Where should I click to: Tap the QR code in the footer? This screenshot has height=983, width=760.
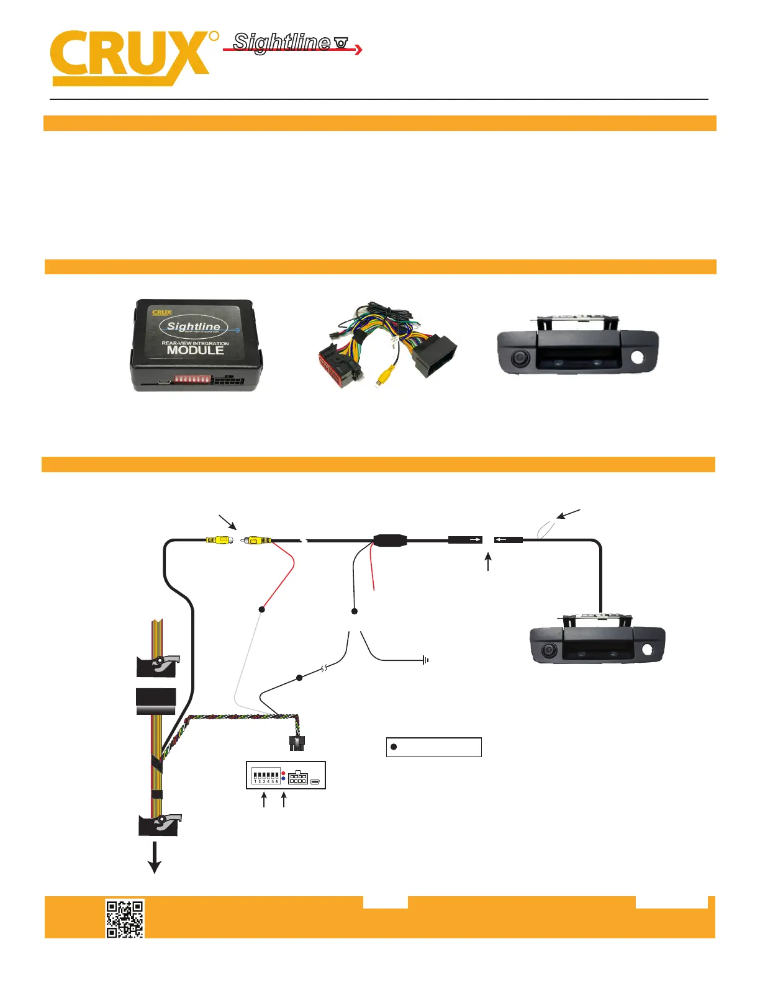click(125, 918)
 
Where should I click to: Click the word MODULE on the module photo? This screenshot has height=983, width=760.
click(195, 350)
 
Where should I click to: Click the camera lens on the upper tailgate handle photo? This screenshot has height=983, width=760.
click(519, 358)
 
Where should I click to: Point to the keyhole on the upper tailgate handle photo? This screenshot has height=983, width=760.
click(638, 358)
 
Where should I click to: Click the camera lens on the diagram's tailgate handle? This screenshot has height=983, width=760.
click(548, 650)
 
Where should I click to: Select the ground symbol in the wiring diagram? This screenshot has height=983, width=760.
click(425, 660)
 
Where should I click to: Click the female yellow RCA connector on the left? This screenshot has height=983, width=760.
click(219, 541)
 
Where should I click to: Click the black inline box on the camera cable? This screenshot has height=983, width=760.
click(390, 540)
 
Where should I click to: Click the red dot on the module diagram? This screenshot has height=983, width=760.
click(284, 773)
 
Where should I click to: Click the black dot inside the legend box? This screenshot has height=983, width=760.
click(394, 747)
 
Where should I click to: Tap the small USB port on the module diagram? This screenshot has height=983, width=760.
click(315, 781)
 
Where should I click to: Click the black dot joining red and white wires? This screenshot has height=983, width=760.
click(262, 609)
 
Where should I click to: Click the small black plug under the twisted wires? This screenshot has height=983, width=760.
click(297, 742)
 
